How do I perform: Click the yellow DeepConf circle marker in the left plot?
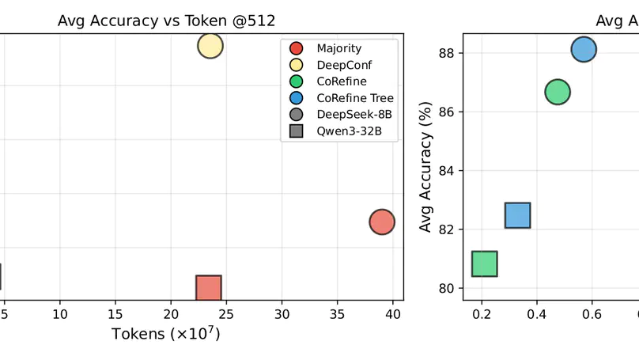pyautogui.click(x=210, y=46)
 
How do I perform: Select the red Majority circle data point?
pyautogui.click(x=382, y=222)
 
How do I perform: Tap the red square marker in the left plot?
pyautogui.click(x=208, y=288)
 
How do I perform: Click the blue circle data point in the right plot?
pyautogui.click(x=584, y=49)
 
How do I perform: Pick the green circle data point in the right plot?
pyautogui.click(x=558, y=92)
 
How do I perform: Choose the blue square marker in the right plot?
pyautogui.click(x=517, y=215)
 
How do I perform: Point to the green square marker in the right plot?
pyautogui.click(x=484, y=263)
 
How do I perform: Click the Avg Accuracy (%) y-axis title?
pyautogui.click(x=425, y=167)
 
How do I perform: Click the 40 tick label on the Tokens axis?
pyautogui.click(x=393, y=314)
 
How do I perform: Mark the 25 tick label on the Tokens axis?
pyautogui.click(x=226, y=314)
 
